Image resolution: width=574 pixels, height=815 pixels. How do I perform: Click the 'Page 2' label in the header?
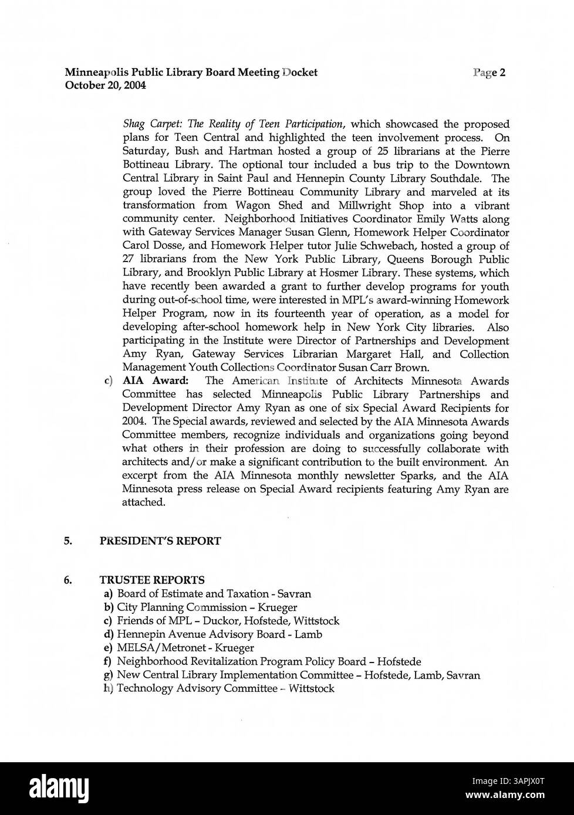coord(489,73)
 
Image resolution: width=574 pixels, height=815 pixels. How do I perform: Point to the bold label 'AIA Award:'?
coord(155,381)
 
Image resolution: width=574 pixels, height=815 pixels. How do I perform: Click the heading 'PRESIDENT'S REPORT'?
coord(160,541)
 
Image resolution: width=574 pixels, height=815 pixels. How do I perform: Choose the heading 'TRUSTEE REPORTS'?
coord(152,580)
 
